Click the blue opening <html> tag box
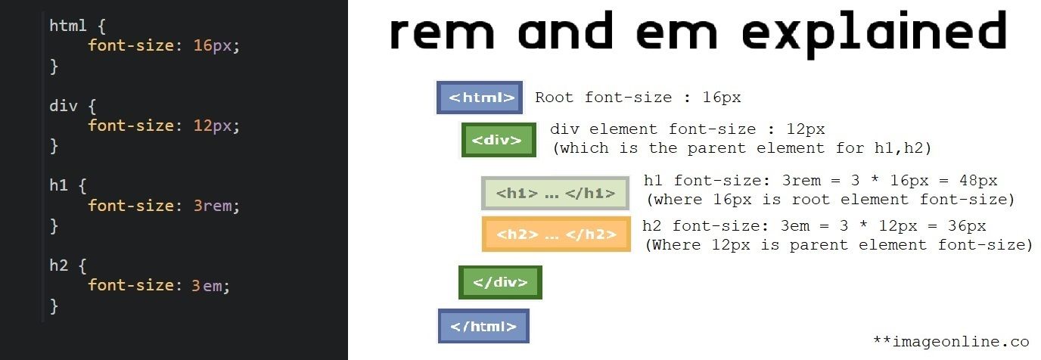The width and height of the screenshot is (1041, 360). click(480, 98)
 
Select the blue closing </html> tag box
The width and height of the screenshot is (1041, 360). click(483, 326)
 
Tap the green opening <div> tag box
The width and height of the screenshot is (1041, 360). click(499, 140)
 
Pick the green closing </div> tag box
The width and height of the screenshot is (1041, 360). click(500, 282)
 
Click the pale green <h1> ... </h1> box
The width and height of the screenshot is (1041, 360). click(555, 194)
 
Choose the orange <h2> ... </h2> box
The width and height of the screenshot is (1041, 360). click(556, 234)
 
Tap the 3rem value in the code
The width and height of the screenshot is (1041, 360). click(212, 206)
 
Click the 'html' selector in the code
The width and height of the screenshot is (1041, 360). click(68, 26)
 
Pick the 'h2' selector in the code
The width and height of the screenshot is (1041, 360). click(58, 265)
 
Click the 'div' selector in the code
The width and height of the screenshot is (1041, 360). click(64, 106)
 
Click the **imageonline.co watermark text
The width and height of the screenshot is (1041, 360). click(951, 341)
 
